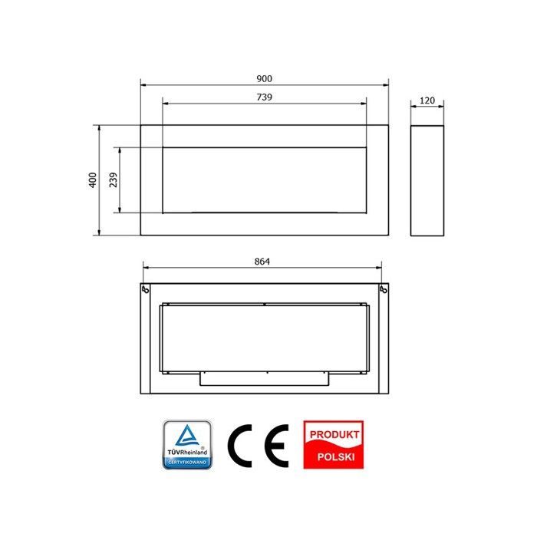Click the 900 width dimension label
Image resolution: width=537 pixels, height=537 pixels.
(x=264, y=79)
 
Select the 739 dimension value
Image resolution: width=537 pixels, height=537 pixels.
(x=264, y=97)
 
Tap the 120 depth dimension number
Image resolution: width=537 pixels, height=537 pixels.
(x=427, y=100)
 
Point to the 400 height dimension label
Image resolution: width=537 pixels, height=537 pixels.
(x=93, y=180)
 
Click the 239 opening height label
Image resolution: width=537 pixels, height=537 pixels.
(x=113, y=180)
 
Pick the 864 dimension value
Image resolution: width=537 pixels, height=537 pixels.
(x=262, y=262)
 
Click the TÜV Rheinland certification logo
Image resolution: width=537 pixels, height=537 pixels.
(x=187, y=445)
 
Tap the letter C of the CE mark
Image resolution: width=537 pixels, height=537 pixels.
(x=239, y=446)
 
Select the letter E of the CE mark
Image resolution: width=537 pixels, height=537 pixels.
(x=277, y=446)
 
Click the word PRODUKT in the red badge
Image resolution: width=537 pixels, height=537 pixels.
(x=334, y=435)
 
